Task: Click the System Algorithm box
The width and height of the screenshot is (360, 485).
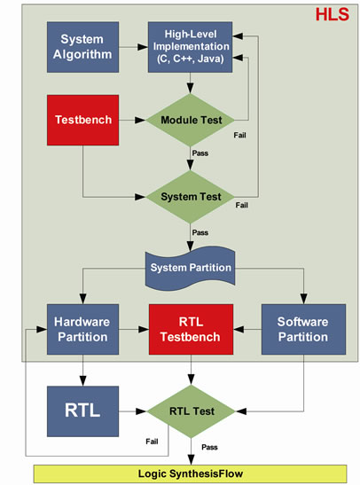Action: (x=82, y=47)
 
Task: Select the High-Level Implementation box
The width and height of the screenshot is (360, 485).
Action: (x=191, y=47)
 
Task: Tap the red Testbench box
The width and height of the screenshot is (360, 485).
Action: (x=82, y=120)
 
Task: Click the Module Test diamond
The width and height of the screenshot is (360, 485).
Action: (x=191, y=120)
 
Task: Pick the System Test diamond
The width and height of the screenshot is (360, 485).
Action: (x=191, y=197)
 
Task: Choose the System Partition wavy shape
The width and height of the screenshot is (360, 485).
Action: (x=191, y=268)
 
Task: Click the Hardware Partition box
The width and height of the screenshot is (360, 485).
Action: (x=82, y=330)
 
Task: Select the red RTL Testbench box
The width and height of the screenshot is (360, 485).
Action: (x=191, y=330)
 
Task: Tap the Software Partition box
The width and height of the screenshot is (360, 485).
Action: (x=303, y=330)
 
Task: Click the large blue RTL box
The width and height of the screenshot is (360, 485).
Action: (x=82, y=411)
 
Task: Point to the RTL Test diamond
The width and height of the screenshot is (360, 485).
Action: (x=192, y=411)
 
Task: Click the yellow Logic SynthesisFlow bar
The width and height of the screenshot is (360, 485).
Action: (x=190, y=473)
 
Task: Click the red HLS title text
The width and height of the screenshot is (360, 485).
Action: (x=333, y=14)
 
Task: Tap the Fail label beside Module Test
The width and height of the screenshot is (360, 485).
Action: (x=239, y=135)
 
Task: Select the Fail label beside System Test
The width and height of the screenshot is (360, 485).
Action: (x=241, y=205)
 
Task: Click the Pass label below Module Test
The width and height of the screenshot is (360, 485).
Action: (x=200, y=153)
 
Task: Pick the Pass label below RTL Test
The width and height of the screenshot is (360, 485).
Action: (x=209, y=447)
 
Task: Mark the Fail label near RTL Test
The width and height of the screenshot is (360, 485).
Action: (x=152, y=442)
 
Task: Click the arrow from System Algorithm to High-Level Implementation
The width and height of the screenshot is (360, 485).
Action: (x=133, y=47)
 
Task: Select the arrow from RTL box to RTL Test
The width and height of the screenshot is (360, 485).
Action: (x=133, y=411)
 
